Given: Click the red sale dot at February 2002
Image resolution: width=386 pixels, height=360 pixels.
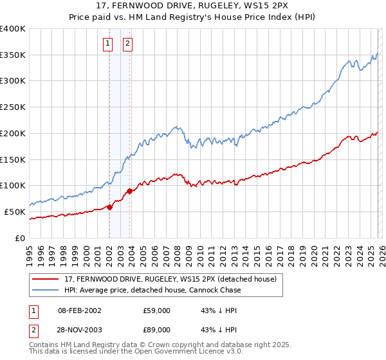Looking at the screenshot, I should pos(109,206).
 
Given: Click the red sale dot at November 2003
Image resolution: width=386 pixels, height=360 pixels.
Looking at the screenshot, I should pos(130,190).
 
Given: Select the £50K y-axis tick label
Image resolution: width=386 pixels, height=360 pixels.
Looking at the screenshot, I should pos(15,212).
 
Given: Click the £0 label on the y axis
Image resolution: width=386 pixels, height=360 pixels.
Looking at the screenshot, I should pos(21,238).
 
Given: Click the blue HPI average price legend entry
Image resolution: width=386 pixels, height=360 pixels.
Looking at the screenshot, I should pos(152,290).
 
